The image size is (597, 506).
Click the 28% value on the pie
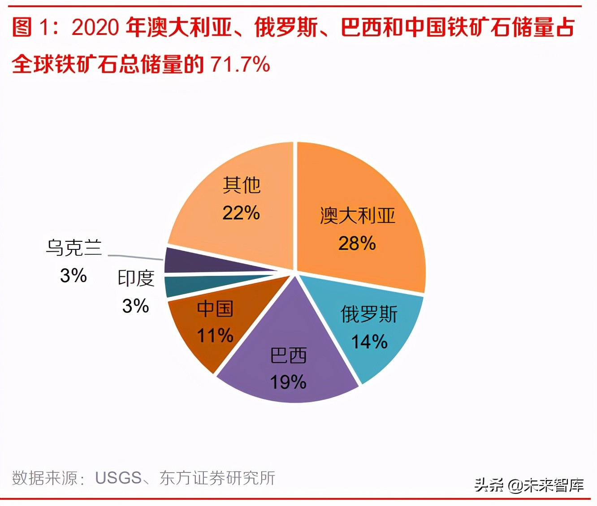click(357, 244)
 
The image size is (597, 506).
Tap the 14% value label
click(369, 342)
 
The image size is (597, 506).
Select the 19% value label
click(288, 382)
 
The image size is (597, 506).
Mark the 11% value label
click(215, 335)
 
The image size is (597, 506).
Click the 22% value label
click(241, 213)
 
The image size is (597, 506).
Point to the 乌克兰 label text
click(74, 248)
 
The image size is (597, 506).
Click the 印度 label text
click(136, 279)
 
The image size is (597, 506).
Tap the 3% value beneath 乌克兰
click(73, 275)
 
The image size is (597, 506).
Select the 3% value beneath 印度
click(135, 306)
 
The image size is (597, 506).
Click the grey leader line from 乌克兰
click(134, 257)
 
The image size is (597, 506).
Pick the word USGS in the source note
click(118, 478)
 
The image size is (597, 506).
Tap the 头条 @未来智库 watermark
click(529, 485)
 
